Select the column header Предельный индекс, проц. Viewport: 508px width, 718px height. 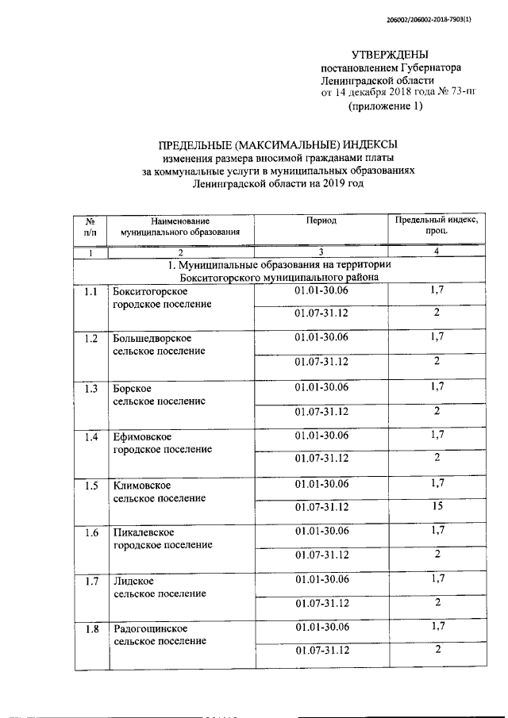point(437,225)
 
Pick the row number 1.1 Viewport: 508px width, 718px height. point(90,292)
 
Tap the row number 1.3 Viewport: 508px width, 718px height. point(90,388)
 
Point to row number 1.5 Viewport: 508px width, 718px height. point(90,485)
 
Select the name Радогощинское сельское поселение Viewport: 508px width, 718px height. point(160,635)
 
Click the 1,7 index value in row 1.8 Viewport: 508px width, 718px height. point(437,627)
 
